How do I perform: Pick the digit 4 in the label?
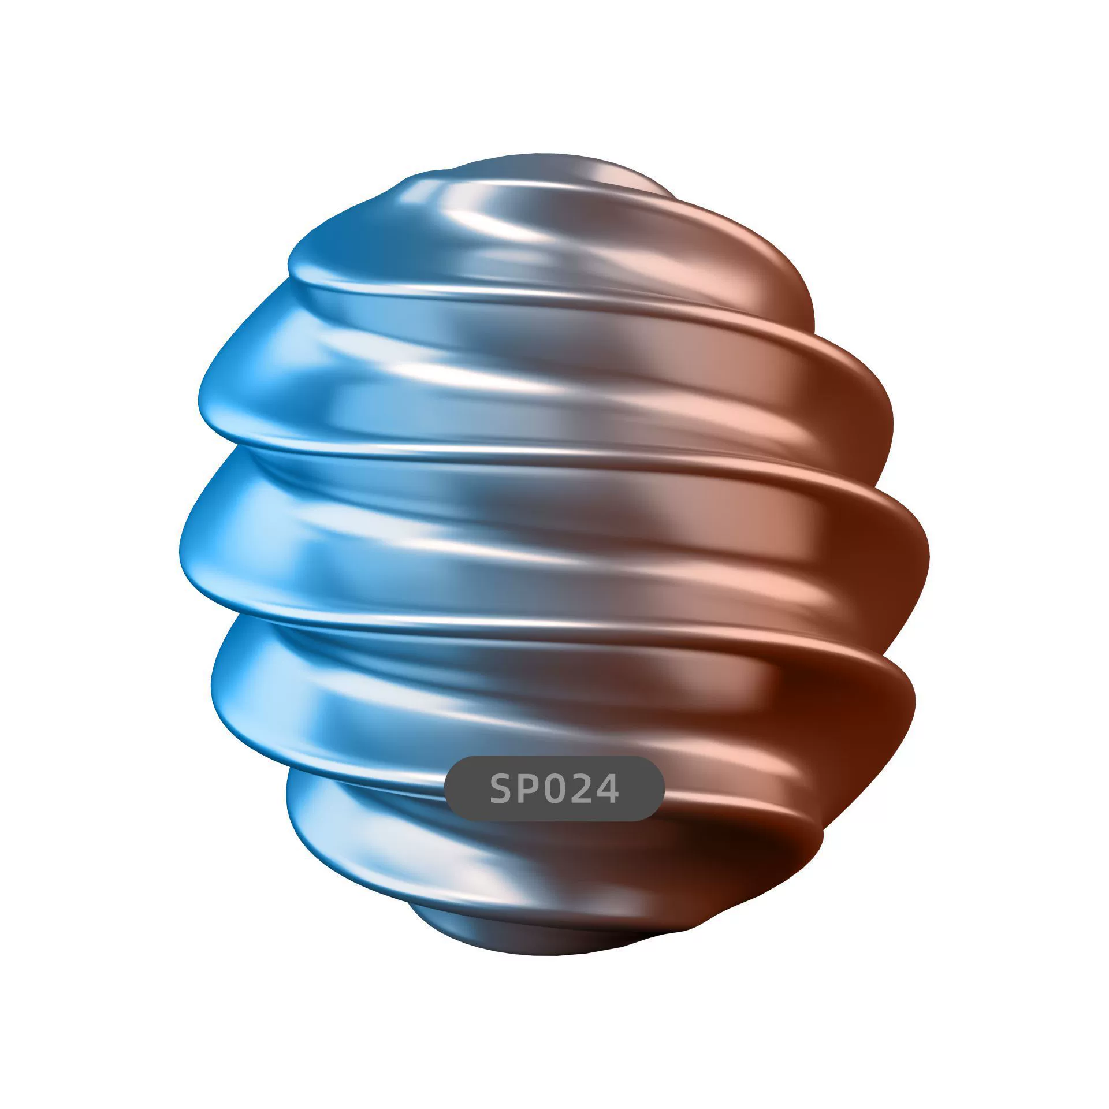(606, 788)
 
